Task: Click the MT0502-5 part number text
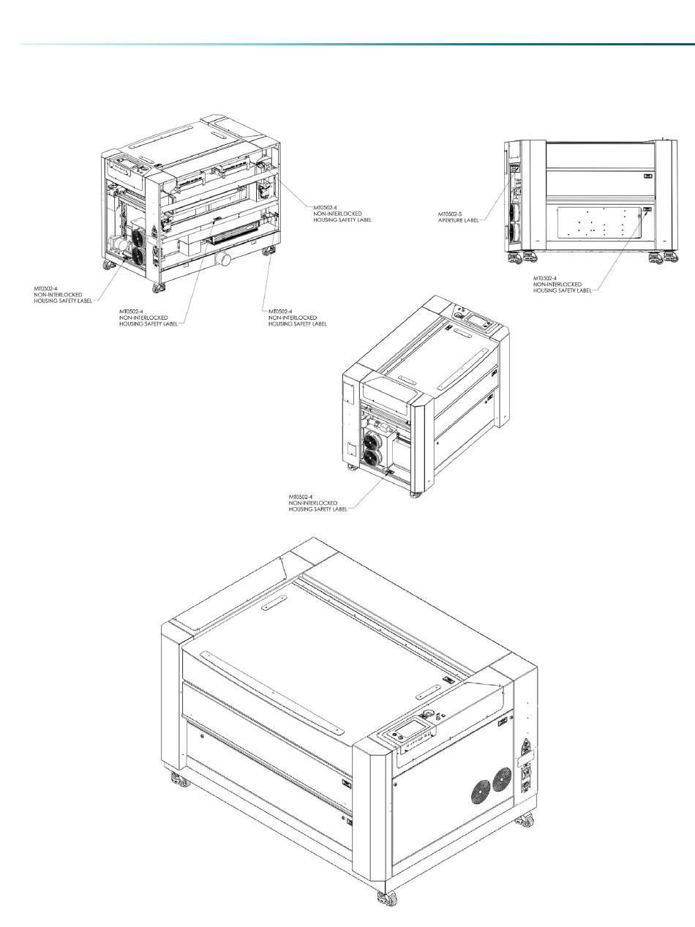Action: [x=450, y=214]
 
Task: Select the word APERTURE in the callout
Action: [x=451, y=220]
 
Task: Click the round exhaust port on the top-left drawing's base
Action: [x=222, y=259]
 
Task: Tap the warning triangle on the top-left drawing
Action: [x=154, y=230]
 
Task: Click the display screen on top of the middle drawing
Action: [x=476, y=321]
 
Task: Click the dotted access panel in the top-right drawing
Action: [x=599, y=222]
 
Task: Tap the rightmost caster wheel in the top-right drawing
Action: [x=672, y=256]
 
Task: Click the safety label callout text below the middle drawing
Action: [x=318, y=503]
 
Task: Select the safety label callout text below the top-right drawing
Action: [x=562, y=284]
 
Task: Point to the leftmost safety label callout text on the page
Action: [x=63, y=295]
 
